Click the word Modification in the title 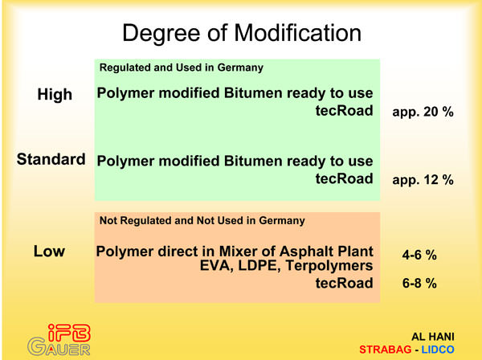tap(297, 33)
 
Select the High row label tap(55, 94)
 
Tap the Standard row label tap(51, 159)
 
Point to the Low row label tap(49, 252)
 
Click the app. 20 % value tap(423, 112)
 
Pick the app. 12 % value tap(423, 180)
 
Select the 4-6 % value tap(419, 255)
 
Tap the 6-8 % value tap(419, 283)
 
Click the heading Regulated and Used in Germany tap(182, 67)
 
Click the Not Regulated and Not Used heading tap(202, 220)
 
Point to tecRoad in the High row tap(345, 110)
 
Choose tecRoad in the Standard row tap(345, 178)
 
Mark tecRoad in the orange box tap(345, 283)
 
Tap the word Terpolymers tap(329, 266)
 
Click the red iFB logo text tap(69, 333)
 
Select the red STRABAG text tap(385, 350)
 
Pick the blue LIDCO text tap(438, 350)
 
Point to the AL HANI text tap(433, 337)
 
